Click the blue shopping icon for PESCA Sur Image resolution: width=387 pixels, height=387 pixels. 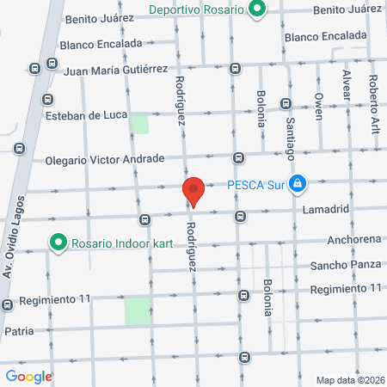coord(297,183)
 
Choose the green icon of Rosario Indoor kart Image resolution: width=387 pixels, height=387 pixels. coord(58,243)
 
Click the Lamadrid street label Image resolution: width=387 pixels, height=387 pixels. coord(326,209)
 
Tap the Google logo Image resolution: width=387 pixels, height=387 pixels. coord(29,376)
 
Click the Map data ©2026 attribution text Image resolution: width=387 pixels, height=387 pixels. coord(349,380)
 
